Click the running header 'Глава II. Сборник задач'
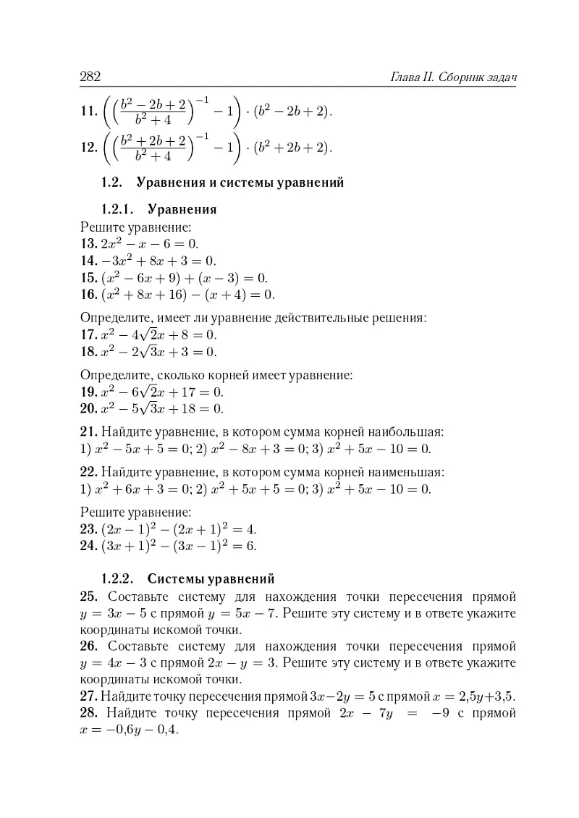pos(457,77)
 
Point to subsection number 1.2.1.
pos(119,210)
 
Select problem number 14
pos(89,261)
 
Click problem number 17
pos(89,335)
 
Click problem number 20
pos(89,410)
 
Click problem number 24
pos(89,546)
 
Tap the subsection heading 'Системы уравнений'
pos(211,579)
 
